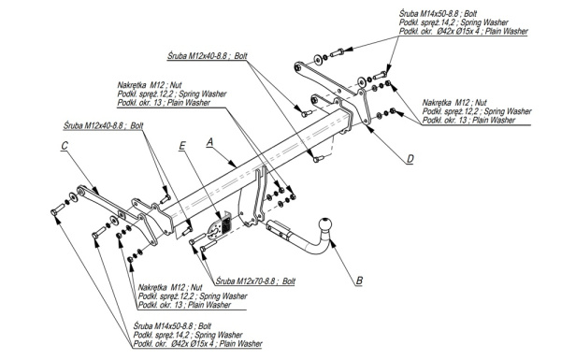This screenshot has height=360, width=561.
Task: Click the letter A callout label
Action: coord(210,142)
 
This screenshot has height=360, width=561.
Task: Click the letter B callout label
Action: coord(359,281)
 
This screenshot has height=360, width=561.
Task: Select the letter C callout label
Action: coord(65,146)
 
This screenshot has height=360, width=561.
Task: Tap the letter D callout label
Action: coord(410,159)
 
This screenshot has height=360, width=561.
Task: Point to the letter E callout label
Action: coord(182,146)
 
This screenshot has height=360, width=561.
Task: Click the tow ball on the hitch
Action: coord(325,224)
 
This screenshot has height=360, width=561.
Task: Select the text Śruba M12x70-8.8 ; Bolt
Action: coord(255,281)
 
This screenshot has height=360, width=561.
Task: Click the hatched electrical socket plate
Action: coord(226,224)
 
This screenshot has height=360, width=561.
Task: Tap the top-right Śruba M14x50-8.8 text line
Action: coord(439,14)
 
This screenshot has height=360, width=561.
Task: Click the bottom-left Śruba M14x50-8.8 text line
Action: coord(172,326)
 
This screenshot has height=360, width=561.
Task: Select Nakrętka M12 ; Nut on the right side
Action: coord(454,102)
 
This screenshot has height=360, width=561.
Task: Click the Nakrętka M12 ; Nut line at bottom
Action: coord(170,287)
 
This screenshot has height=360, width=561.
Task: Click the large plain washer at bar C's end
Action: coord(74,196)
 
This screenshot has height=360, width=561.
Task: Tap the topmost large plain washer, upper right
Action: coord(318,60)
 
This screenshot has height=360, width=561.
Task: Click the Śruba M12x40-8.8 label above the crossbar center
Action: coord(208,56)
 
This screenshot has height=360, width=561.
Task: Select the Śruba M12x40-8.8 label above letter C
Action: coord(104,126)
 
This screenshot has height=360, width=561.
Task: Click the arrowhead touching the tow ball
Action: coord(333,244)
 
